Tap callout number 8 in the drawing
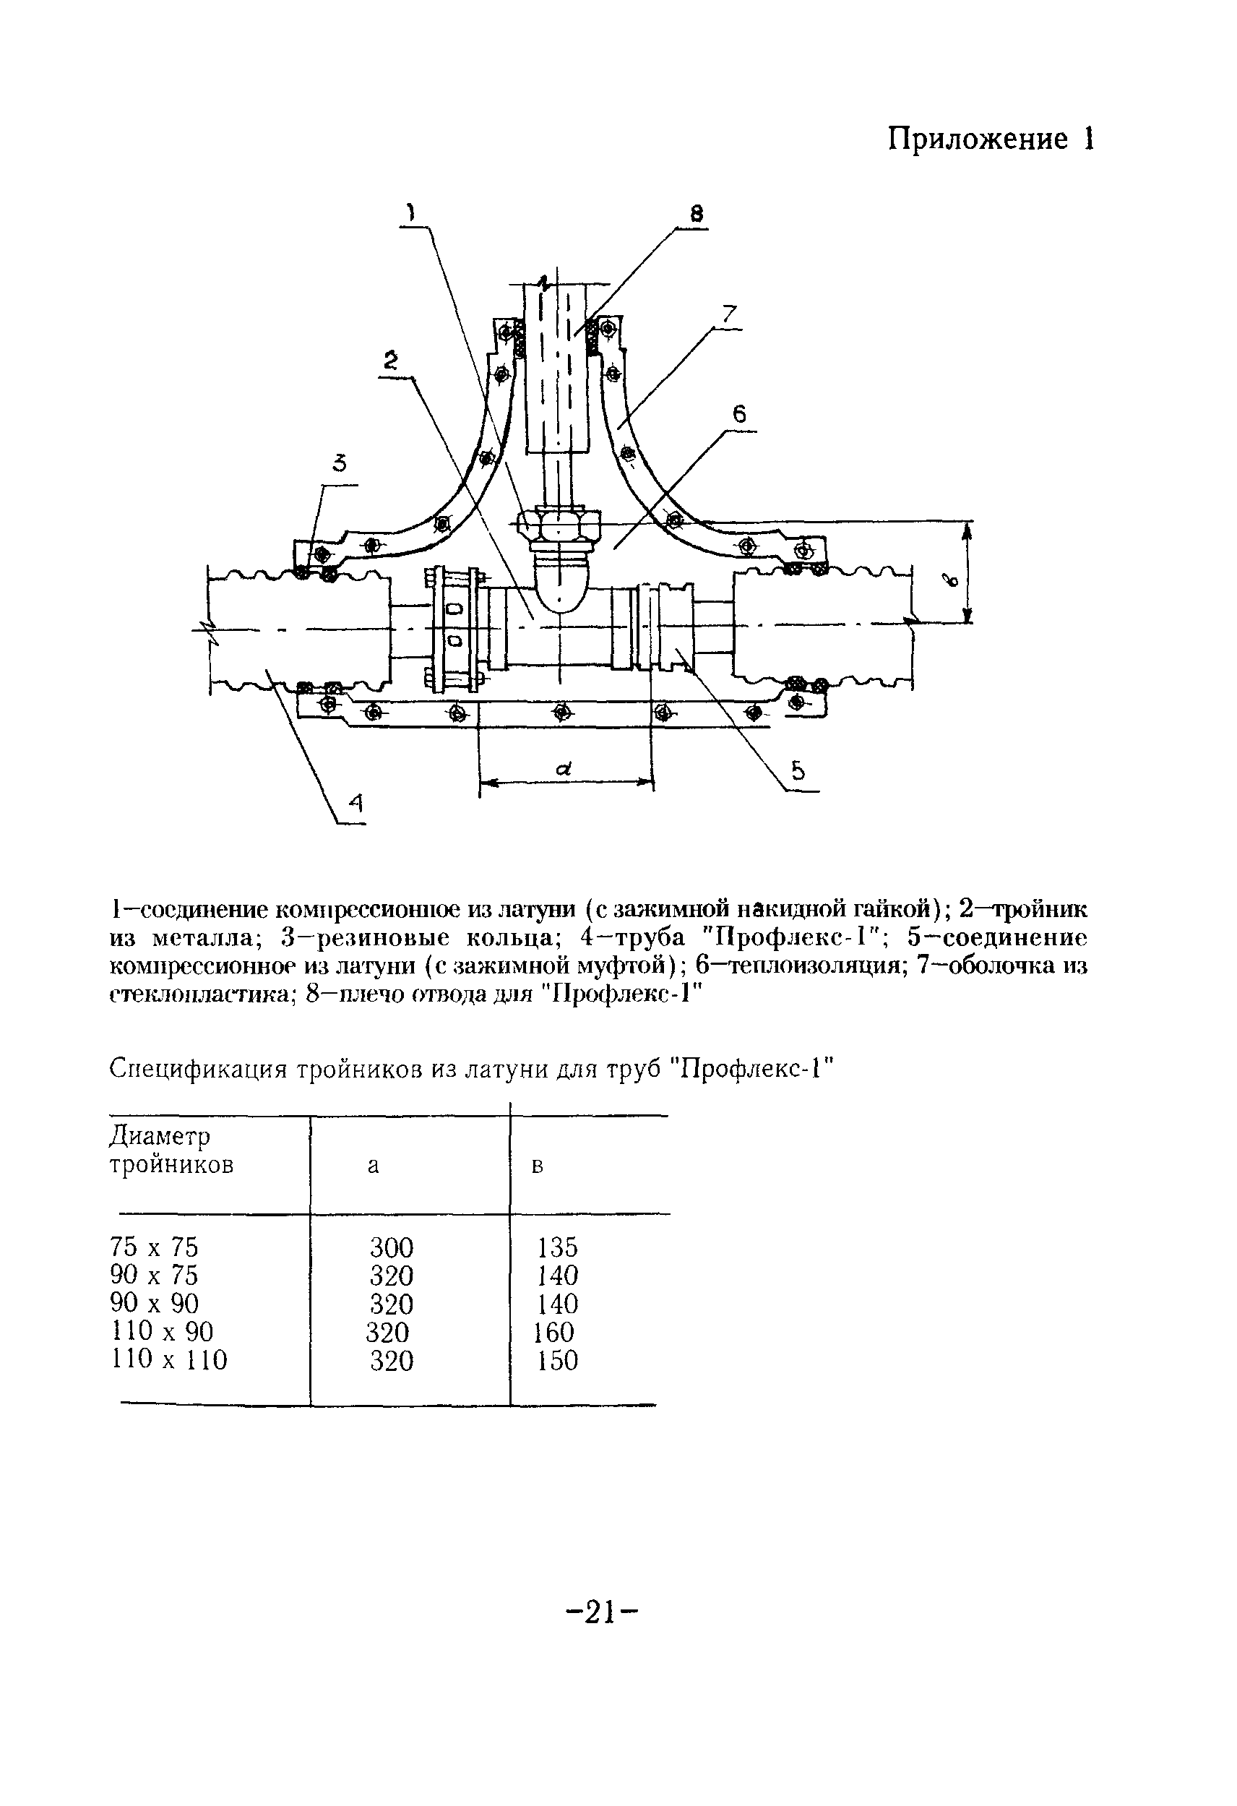click(x=697, y=214)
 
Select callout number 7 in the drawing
click(x=729, y=314)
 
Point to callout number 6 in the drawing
click(x=739, y=415)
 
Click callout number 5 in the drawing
click(x=798, y=771)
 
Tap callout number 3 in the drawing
click(x=339, y=464)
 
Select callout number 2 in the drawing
click(x=391, y=359)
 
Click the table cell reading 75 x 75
click(x=155, y=1247)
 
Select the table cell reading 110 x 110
click(x=169, y=1360)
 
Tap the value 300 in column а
click(x=392, y=1248)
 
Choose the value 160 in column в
click(x=553, y=1333)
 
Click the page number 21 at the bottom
click(x=602, y=1612)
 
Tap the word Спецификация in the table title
click(x=197, y=1070)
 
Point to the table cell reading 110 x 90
click(x=163, y=1332)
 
